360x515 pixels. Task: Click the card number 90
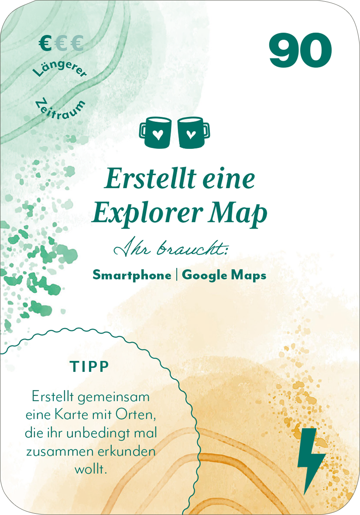[300, 51]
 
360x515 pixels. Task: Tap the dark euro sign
[44, 44]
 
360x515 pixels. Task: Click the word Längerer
[60, 69]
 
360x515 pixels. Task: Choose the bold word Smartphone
[132, 275]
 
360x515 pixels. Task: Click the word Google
[207, 276]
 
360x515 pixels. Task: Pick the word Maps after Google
[250, 276]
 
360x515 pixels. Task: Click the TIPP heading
[89, 367]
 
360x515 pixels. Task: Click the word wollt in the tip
[91, 469]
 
